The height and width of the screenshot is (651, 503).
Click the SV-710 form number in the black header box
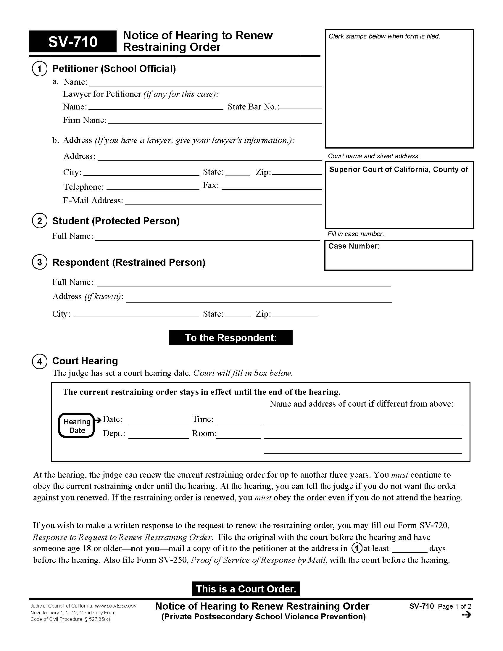[73, 42]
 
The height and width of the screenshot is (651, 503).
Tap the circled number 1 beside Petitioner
[39, 69]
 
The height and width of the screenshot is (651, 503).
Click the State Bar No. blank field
[300, 107]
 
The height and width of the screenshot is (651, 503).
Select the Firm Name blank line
[215, 120]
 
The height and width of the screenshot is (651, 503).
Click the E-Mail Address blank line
[223, 201]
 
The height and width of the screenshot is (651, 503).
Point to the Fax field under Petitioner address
[271, 186]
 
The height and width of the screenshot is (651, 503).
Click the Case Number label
[354, 246]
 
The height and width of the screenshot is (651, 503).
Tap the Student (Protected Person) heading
[116, 221]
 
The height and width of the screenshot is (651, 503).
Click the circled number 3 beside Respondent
[39, 262]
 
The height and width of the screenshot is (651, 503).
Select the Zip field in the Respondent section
[295, 314]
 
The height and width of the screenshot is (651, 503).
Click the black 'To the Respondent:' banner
[231, 338]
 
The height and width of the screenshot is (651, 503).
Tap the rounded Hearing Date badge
[77, 426]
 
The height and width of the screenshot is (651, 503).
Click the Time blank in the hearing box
[238, 420]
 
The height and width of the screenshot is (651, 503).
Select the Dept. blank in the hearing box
[159, 434]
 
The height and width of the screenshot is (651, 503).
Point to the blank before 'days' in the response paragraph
[410, 548]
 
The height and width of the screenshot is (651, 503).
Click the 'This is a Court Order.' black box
[246, 589]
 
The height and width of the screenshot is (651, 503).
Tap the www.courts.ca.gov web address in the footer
[115, 606]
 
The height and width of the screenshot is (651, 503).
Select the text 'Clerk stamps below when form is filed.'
[384, 36]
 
